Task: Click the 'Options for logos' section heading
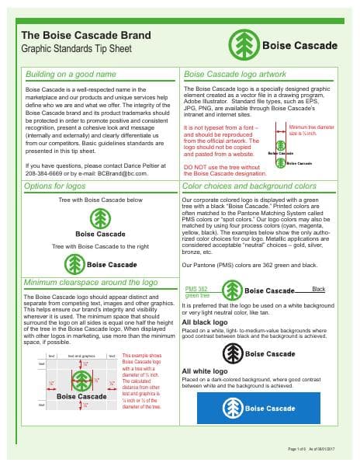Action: [56, 187]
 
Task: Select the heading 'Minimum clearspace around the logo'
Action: [91, 283]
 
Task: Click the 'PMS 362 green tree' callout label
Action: [196, 291]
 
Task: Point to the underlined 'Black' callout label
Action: [318, 289]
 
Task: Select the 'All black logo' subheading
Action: [205, 322]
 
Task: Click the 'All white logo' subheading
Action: [205, 370]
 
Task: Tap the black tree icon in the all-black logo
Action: [231, 353]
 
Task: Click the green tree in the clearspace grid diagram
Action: [82, 381]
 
